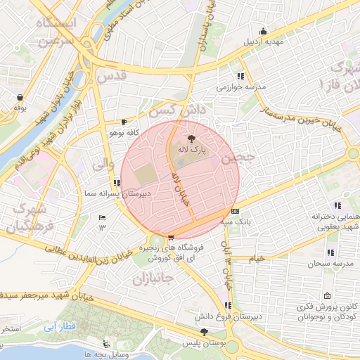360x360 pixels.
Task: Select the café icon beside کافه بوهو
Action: pyautogui.click(x=124, y=122)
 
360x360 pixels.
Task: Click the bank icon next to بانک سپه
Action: pyautogui.click(x=235, y=210)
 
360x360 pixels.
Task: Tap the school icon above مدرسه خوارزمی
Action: pyautogui.click(x=240, y=76)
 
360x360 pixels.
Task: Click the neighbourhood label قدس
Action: pyautogui.click(x=110, y=74)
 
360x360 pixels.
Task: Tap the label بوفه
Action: pyautogui.click(x=20, y=108)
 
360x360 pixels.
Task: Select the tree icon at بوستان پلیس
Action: pyautogui.click(x=204, y=331)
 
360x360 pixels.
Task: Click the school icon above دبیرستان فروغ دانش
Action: pyautogui.click(x=227, y=305)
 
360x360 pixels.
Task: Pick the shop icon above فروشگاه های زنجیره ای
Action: pyautogui.click(x=172, y=237)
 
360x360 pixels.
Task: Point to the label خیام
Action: pyautogui.click(x=258, y=258)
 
